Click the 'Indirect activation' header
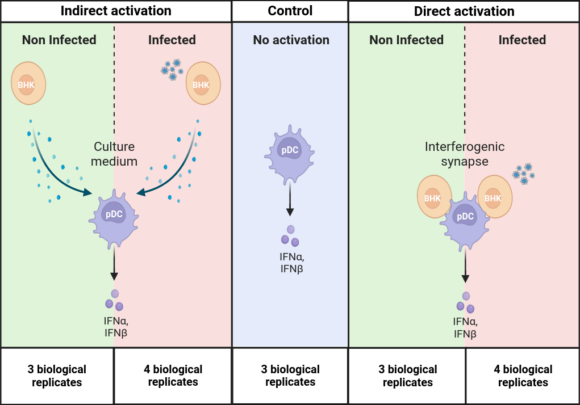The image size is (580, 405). [115, 11]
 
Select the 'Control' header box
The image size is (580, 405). [290, 11]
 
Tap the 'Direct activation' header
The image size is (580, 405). [464, 11]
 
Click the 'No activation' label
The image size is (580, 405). [291, 40]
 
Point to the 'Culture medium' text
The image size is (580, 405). [115, 154]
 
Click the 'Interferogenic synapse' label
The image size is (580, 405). [465, 154]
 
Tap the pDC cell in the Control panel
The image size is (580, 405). [290, 154]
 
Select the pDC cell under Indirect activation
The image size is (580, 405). [114, 218]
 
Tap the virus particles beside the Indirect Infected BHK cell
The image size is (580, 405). [171, 69]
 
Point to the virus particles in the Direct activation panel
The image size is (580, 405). [523, 174]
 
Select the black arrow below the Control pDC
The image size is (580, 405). [290, 200]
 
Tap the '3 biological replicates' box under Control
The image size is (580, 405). [290, 376]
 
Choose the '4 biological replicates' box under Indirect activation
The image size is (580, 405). [173, 376]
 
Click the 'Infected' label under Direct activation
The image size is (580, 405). [522, 40]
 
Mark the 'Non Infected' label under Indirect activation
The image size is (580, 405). [59, 40]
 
